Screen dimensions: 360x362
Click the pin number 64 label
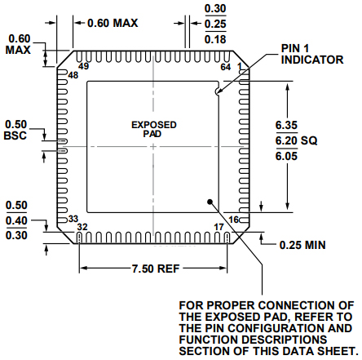point(226,68)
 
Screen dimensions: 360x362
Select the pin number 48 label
point(73,76)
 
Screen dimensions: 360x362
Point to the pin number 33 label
point(73,219)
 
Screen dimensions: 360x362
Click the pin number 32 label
point(82,227)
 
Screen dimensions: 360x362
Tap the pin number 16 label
point(232,219)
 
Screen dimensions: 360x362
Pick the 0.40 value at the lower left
point(16,220)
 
